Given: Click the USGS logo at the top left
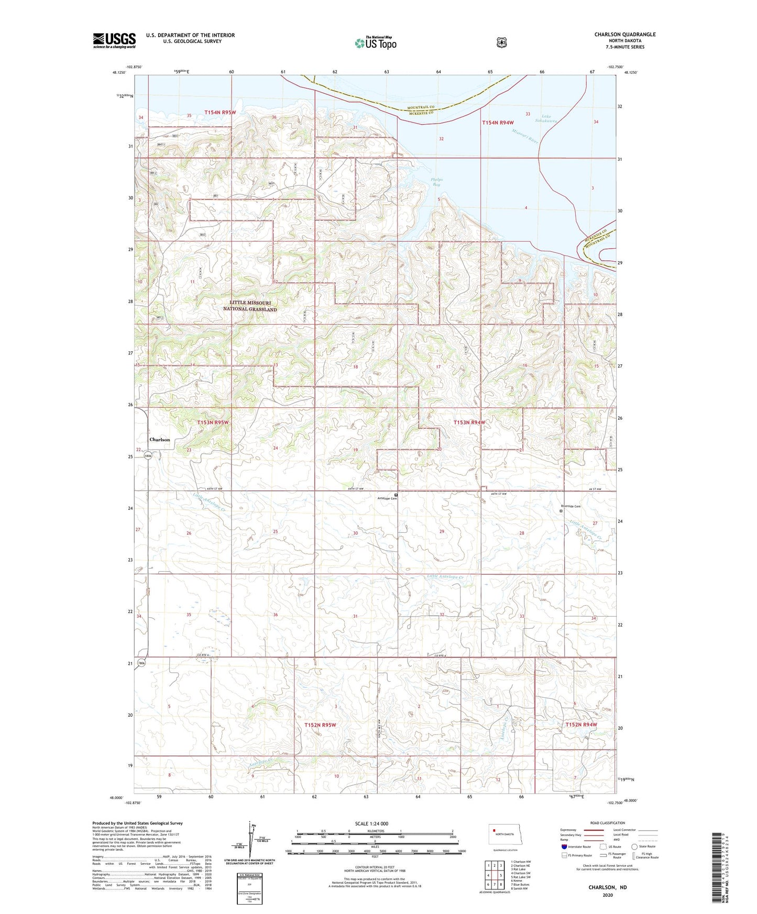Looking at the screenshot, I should pos(114,40).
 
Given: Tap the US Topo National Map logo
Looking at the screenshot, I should pos(375,43).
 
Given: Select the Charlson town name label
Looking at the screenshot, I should pos(160,440).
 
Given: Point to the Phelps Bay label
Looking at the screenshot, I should pos(436,182).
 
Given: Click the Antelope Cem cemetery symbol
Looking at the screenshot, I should pos(396,494).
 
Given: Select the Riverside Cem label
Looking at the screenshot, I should pos(571,506).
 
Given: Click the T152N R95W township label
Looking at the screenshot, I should pos(320,725).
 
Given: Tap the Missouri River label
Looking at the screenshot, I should pos(525,137).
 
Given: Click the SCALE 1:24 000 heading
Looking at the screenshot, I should pos(371,823).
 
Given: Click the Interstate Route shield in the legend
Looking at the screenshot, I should pos(564,846).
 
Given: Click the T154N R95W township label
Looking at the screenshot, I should pos(220,113).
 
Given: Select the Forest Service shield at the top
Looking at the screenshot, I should pos(501,42).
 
